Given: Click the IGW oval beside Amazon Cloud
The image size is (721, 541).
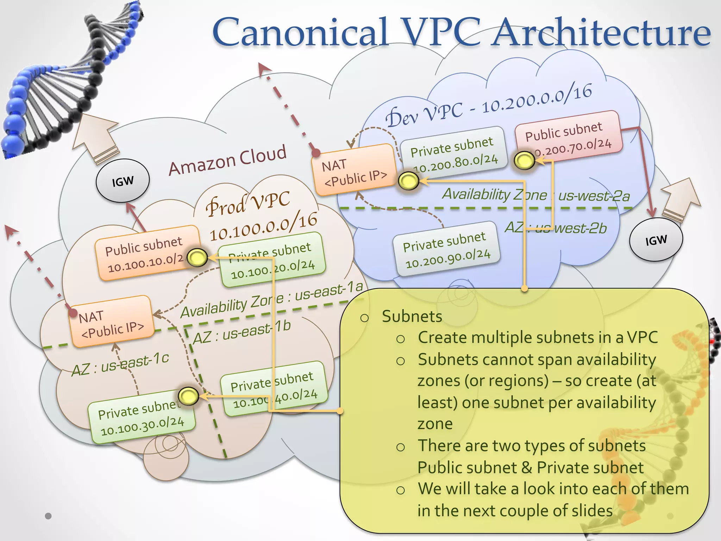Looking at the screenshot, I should [x=123, y=181].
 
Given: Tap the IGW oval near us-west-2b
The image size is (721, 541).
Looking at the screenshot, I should [x=656, y=240].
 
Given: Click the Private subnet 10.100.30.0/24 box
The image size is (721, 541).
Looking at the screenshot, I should [x=141, y=417].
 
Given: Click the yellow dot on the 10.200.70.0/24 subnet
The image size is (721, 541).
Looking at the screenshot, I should [x=524, y=161].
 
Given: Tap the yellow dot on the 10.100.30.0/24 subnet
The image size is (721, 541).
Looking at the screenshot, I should [x=188, y=396].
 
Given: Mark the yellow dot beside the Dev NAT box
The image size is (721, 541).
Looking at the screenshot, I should [x=408, y=181].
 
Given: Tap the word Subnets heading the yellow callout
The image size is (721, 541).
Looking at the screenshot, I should [x=412, y=316].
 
